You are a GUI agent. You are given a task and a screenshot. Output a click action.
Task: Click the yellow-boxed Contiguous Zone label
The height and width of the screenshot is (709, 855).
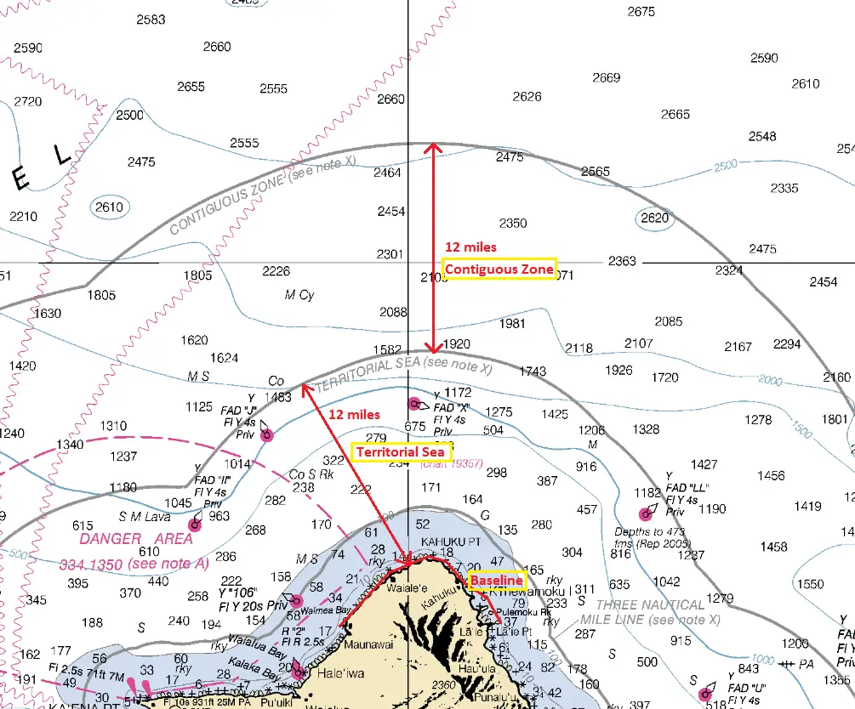point(499,269)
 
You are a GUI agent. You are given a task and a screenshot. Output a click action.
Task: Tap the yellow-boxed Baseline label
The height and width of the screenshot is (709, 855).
point(497,580)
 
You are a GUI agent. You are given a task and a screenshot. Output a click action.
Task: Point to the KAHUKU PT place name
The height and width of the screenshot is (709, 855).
point(451,542)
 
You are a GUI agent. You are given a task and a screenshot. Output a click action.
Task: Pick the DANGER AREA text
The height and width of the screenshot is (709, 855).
point(136,539)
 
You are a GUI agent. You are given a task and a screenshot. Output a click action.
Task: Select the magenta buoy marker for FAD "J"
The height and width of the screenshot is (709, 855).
point(267,435)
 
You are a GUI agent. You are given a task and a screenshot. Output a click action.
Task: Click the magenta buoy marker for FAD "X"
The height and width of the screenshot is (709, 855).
point(414,403)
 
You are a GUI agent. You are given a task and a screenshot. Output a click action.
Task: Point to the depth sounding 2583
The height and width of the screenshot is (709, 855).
point(151,20)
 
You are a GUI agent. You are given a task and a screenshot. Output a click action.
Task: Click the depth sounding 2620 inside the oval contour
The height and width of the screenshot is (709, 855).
point(655,218)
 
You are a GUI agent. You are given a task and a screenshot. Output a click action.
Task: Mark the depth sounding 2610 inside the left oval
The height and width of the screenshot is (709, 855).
point(109,207)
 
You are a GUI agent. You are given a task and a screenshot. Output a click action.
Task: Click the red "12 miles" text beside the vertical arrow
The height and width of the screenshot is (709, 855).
point(470,247)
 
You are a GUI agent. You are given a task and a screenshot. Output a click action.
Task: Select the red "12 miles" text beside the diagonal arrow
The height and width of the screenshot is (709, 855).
point(354,414)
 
